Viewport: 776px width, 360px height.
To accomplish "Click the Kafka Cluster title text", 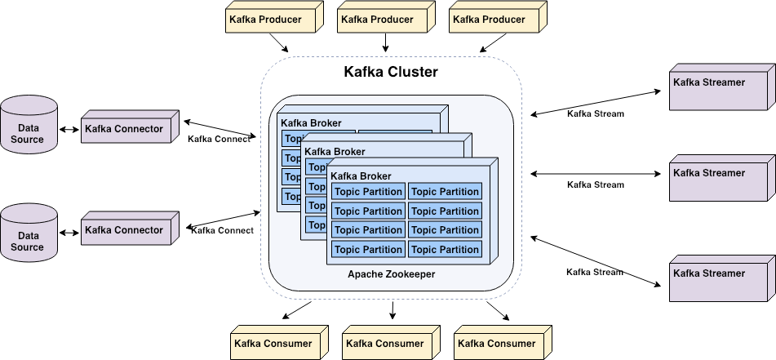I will coord(391,73).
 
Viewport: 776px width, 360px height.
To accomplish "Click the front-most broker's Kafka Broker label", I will coord(361,176).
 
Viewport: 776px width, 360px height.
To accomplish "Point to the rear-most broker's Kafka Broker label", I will coord(311,123).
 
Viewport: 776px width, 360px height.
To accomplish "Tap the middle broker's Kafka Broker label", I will coord(335,151).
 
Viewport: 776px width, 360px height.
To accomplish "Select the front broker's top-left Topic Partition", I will coord(368,192).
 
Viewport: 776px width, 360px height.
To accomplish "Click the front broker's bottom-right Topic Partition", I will coord(445,250).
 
